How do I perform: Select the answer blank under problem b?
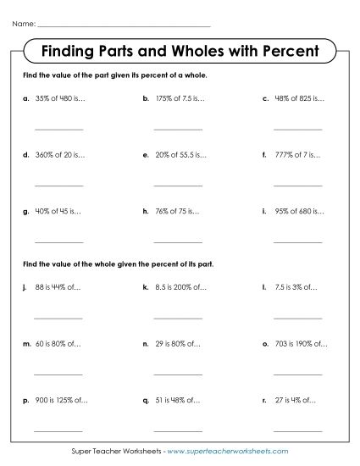[x=178, y=129]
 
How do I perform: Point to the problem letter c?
[x=266, y=98]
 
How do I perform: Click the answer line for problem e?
[x=178, y=185]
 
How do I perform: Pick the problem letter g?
[x=25, y=210]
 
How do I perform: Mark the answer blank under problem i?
[x=298, y=240]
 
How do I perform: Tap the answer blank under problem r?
[x=298, y=429]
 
